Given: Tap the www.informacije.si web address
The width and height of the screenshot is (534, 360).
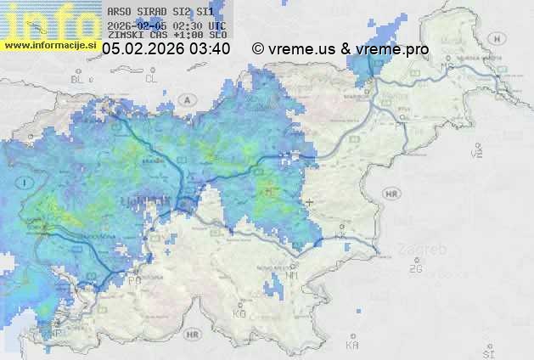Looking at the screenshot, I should click(50, 44).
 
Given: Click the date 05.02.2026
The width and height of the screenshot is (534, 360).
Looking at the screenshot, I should click(143, 49).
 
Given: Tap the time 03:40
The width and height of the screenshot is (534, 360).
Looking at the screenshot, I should click(211, 49).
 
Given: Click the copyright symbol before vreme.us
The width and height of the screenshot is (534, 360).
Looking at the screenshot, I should click(258, 49).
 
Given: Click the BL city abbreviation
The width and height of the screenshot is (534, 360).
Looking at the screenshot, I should click(79, 79).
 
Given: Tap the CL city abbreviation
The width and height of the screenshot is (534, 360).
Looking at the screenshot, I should click(152, 79).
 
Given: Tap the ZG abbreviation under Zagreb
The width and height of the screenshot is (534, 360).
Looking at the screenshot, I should click(415, 269).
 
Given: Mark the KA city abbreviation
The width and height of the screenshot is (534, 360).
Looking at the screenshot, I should click(352, 346).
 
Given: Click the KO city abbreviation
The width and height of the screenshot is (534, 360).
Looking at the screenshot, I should click(239, 314).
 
